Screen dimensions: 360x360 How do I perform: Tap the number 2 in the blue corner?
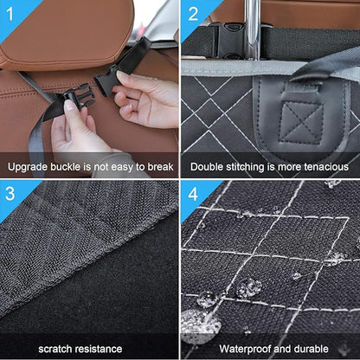(193, 12)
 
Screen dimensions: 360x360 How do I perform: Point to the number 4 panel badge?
(193, 193)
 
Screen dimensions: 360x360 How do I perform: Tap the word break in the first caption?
(159, 166)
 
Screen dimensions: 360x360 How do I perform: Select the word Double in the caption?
(209, 166)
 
